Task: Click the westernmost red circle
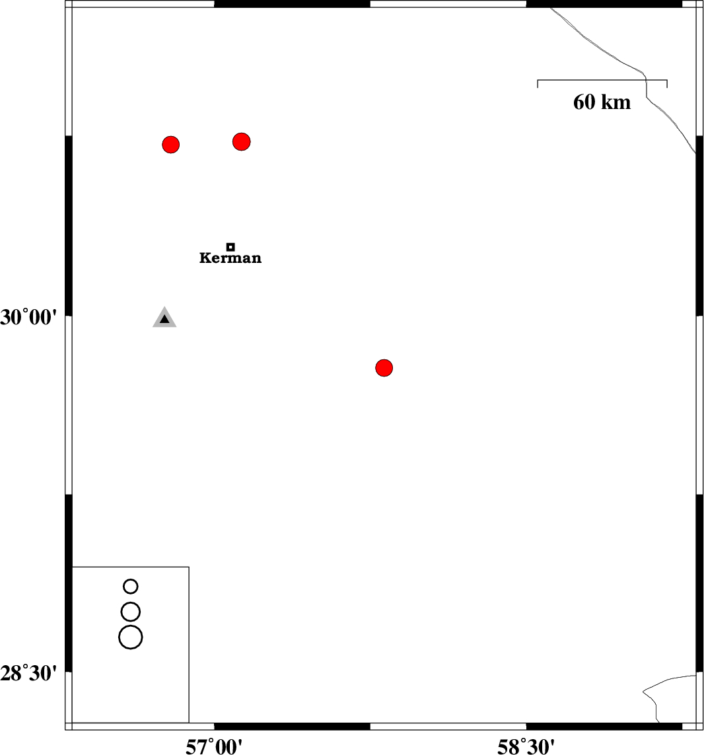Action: pos(171,145)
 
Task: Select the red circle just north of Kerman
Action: pos(241,141)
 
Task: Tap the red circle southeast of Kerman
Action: pos(384,368)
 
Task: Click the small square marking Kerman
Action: pos(230,247)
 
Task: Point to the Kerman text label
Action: pos(230,258)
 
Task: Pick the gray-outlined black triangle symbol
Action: pos(164,317)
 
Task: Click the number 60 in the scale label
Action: pos(584,102)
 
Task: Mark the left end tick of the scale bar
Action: pos(538,84)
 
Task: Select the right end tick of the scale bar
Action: pos(667,84)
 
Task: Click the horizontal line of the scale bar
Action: pos(602,80)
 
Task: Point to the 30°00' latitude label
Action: pos(28,318)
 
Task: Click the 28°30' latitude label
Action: pos(28,673)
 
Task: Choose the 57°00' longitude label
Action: pos(214,747)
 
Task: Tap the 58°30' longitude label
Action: pos(526,747)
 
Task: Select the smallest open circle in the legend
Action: pos(131,587)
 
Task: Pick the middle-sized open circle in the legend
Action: pos(131,612)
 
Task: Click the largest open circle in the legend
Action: pos(131,637)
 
